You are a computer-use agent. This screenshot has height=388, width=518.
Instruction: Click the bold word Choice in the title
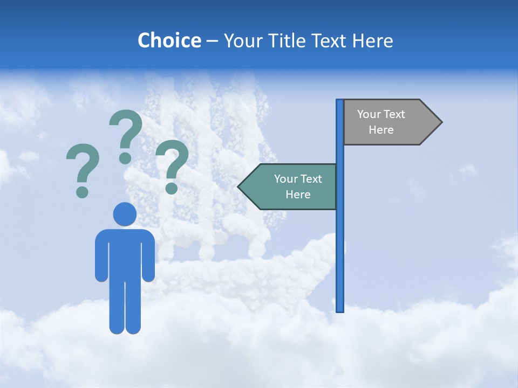169,40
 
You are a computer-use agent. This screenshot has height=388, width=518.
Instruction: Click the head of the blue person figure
125,214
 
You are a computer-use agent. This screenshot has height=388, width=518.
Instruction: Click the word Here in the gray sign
381,130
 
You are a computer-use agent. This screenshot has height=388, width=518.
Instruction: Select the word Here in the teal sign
298,195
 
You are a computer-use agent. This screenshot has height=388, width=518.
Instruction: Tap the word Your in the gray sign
369,114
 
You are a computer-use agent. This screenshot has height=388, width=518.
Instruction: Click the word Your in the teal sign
286,179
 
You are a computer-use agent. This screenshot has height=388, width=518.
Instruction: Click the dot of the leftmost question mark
82,192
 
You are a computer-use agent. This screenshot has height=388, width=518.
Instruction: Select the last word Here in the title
372,40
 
